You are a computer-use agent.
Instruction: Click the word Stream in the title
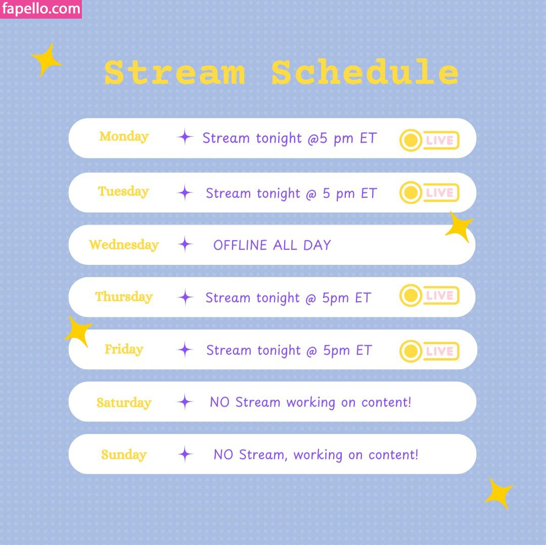pyautogui.click(x=174, y=72)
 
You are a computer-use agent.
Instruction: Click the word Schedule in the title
pyautogui.click(x=365, y=72)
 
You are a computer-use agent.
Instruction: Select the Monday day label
pyautogui.click(x=124, y=137)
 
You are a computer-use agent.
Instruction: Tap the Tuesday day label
pyautogui.click(x=124, y=191)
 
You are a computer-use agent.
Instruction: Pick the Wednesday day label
pyautogui.click(x=124, y=245)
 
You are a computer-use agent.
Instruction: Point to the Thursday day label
pyautogui.click(x=124, y=296)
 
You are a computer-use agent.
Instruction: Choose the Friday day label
pyautogui.click(x=124, y=349)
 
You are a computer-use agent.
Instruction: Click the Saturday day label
pyautogui.click(x=124, y=403)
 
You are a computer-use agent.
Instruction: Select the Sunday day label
pyautogui.click(x=124, y=455)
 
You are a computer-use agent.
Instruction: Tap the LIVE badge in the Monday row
pyautogui.click(x=429, y=140)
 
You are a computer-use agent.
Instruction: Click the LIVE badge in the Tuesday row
pyautogui.click(x=429, y=192)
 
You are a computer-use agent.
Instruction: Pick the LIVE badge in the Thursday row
pyautogui.click(x=429, y=295)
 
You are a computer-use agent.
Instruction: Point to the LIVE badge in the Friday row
pyautogui.click(x=429, y=351)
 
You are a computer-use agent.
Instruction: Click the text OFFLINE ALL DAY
pyautogui.click(x=272, y=245)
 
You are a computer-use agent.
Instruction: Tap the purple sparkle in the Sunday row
pyautogui.click(x=185, y=454)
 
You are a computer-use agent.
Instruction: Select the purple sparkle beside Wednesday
pyautogui.click(x=185, y=244)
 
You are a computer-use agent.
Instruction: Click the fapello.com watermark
pyautogui.click(x=41, y=9)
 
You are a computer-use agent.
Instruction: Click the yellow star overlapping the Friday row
pyautogui.click(x=79, y=331)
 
